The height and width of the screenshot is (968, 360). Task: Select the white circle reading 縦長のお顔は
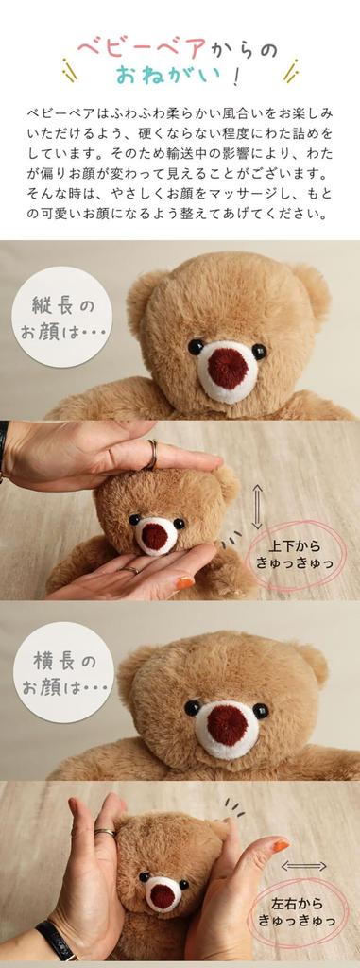point(62,318)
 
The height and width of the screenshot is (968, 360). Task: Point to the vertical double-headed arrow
point(256,507)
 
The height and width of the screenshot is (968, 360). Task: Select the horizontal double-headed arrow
point(303,866)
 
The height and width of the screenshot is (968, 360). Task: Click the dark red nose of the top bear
point(227,368)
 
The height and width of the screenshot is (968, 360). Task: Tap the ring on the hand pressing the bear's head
point(151,454)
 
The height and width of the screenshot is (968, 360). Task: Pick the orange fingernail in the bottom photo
point(280,846)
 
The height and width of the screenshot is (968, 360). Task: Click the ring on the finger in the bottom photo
point(105,832)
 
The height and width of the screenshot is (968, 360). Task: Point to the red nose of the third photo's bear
point(226,724)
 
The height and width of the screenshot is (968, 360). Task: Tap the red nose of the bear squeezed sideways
point(163,894)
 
